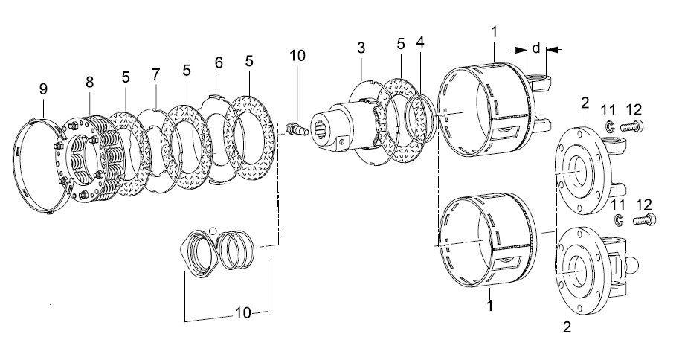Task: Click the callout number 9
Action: (x=43, y=89)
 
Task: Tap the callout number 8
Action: (x=89, y=82)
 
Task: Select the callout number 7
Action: (x=156, y=74)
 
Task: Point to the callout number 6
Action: (x=219, y=62)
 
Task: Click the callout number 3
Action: (x=361, y=48)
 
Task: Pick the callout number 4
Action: (x=419, y=42)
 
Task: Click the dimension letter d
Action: (x=536, y=47)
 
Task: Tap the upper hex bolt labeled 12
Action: (x=632, y=127)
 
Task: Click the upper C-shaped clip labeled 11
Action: (x=609, y=126)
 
